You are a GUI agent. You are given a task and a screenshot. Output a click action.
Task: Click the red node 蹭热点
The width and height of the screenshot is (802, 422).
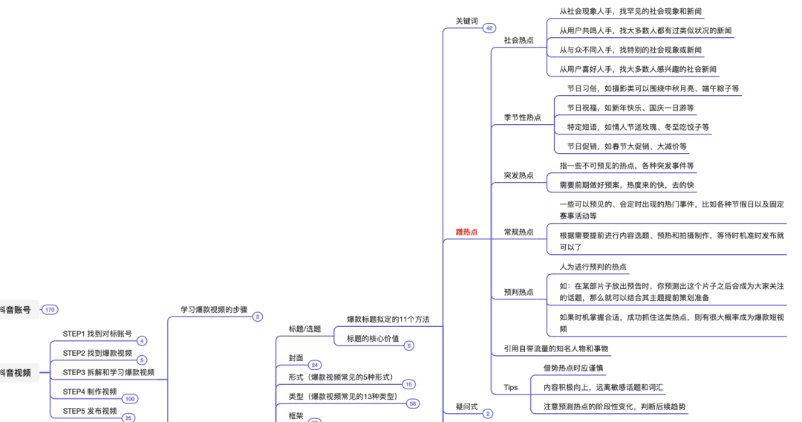[466, 232]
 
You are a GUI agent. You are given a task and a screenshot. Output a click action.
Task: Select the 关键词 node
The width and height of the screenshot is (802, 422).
[466, 21]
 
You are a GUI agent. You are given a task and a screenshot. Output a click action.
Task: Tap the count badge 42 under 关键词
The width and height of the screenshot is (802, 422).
[489, 28]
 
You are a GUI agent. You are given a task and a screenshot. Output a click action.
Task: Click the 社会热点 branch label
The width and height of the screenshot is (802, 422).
[518, 40]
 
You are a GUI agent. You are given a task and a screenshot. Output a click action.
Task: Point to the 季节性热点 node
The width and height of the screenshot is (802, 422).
[522, 117]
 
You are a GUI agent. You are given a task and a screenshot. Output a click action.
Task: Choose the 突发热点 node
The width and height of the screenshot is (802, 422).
[518, 175]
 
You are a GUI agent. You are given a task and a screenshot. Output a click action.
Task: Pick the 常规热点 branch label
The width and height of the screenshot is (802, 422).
[518, 232]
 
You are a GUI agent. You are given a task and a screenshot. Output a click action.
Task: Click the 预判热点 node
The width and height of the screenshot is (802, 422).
[518, 292]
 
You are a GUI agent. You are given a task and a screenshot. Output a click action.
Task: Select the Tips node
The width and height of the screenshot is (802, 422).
[510, 386]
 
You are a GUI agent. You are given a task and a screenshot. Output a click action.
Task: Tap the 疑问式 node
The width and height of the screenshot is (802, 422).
[466, 406]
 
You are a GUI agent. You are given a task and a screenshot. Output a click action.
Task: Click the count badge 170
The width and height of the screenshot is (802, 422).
[50, 310]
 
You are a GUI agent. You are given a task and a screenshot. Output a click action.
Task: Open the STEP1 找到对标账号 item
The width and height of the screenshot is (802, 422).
[97, 334]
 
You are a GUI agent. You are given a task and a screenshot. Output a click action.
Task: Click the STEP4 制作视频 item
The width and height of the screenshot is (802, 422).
[90, 392]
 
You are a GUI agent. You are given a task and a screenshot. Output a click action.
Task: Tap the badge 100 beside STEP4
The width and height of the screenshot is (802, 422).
[130, 399]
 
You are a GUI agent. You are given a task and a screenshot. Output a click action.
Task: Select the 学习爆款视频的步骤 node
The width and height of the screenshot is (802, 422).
[214, 309]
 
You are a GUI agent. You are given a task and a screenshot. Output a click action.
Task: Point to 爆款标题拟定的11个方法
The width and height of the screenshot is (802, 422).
[388, 319]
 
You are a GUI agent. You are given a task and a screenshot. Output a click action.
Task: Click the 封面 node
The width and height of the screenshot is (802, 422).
[296, 357]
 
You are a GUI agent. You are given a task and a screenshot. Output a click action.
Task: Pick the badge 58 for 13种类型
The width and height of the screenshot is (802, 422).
[412, 403]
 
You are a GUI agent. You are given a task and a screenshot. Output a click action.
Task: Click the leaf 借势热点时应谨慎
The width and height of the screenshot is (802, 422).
[573, 367]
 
